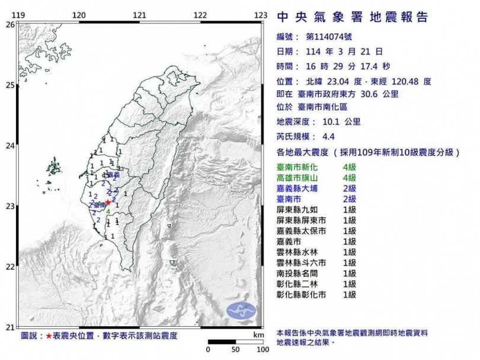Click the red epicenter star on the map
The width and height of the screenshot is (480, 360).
pos(108,202)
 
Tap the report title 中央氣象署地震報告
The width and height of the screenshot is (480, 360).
pos(352,17)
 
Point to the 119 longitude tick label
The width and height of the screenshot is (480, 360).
pos(18,15)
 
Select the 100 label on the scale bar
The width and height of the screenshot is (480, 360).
pos(259,350)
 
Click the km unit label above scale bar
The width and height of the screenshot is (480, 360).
pos(257,335)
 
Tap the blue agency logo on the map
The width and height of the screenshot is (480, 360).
pos(241,310)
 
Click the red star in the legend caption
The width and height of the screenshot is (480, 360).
pos(49,336)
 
